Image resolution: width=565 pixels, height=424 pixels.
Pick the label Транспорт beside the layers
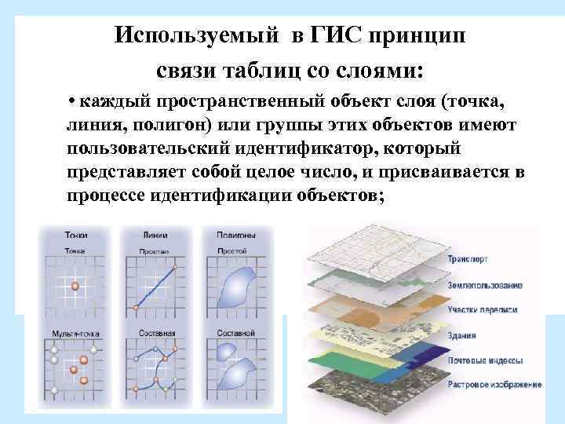(x=468, y=258)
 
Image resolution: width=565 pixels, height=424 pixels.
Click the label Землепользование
(x=484, y=284)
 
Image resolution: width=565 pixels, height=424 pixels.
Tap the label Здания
(x=462, y=335)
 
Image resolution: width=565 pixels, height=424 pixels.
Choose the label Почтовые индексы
(x=485, y=360)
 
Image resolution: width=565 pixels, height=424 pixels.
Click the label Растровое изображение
(x=494, y=385)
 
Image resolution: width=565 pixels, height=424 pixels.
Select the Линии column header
(x=155, y=234)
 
